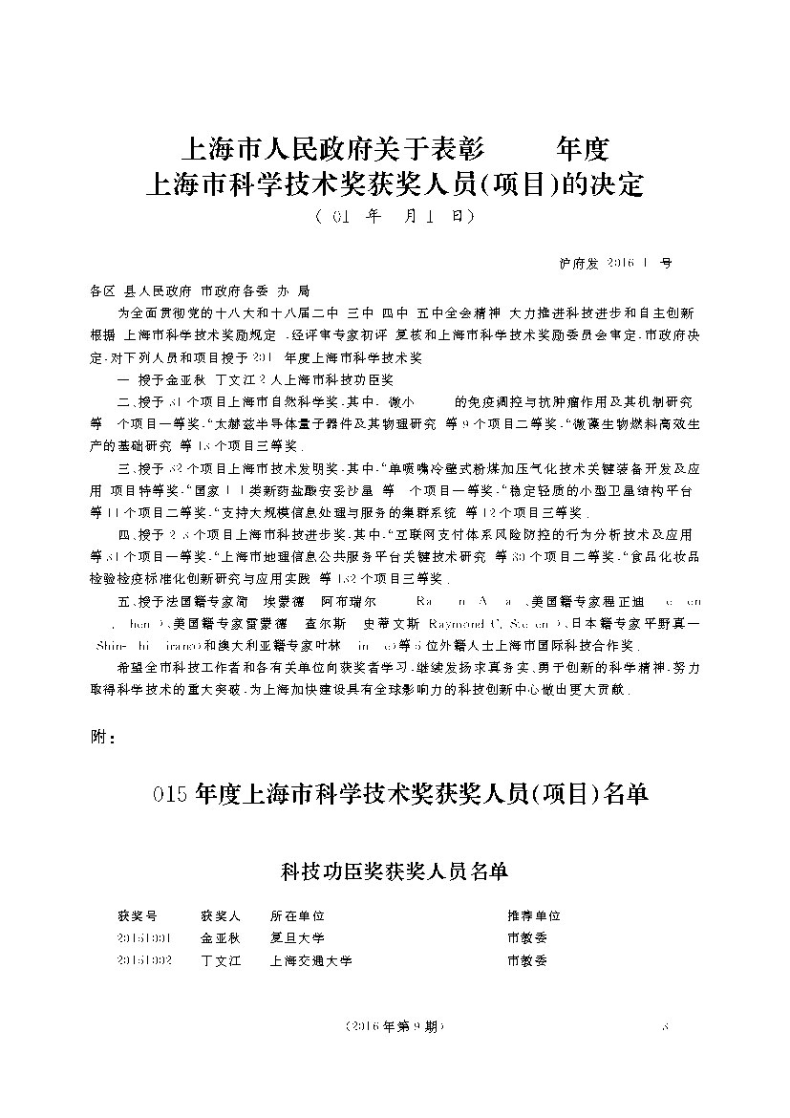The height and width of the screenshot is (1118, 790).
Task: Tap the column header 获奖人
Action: point(221,914)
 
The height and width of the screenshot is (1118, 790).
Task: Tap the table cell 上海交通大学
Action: point(311,960)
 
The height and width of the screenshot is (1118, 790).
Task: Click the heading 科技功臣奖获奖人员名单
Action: point(394,871)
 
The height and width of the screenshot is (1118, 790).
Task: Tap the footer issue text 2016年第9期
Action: point(394,1027)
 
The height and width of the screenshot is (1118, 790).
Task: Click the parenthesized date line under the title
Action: point(394,217)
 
